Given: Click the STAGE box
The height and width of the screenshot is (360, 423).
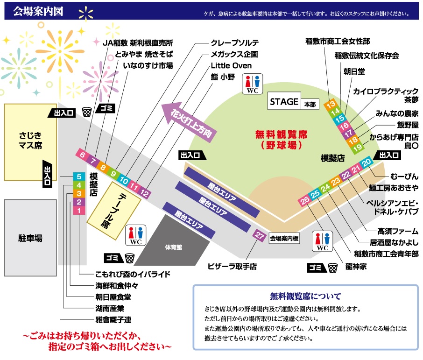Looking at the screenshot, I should pos(284,102).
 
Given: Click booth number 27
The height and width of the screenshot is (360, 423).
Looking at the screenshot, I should pos(259,236).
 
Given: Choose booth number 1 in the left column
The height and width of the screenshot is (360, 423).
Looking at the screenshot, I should pos(79,211).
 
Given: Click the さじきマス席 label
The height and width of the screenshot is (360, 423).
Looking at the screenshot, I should pos(30,140).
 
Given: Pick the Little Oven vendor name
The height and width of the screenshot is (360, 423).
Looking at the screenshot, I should pos(231,65).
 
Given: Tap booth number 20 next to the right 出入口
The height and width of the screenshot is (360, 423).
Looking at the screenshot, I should pos(367,162).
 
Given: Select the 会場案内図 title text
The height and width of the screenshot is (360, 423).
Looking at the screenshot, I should pos(38,10).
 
